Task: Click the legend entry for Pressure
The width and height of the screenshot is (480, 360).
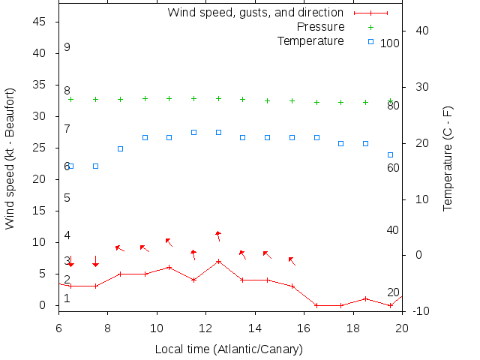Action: click(x=310, y=27)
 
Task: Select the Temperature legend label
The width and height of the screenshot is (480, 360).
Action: click(x=310, y=40)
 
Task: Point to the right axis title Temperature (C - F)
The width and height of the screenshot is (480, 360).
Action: click(x=448, y=158)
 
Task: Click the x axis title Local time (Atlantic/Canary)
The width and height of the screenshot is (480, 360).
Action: click(x=228, y=349)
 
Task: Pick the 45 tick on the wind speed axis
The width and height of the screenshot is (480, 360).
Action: click(x=40, y=22)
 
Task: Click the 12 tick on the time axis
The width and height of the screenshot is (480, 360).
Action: click(x=206, y=328)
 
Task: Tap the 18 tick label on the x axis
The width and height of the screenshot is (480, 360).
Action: click(x=353, y=328)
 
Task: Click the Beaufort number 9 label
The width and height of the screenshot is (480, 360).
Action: click(x=67, y=47)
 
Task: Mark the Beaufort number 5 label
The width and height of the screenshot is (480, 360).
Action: click(x=67, y=198)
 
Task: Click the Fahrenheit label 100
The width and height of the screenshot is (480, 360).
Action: click(x=390, y=43)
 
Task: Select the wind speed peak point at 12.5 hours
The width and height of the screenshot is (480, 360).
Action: click(x=218, y=261)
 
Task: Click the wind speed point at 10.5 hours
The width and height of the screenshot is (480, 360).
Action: click(x=169, y=267)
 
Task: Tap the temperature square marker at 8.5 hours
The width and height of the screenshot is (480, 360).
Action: click(x=120, y=148)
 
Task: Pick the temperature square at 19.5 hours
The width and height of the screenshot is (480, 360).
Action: click(x=390, y=154)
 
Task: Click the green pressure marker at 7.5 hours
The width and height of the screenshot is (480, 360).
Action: click(x=95, y=99)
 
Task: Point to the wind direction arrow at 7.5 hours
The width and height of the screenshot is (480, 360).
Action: click(x=95, y=261)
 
